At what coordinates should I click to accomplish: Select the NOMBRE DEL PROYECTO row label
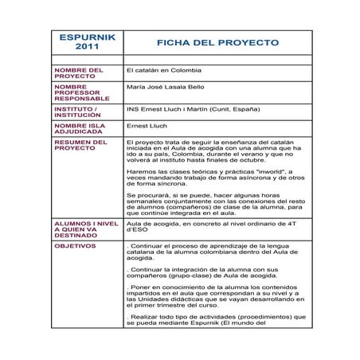click(79, 73)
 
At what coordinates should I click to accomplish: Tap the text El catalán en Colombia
click(164, 70)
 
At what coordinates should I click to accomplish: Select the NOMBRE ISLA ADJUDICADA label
click(80, 129)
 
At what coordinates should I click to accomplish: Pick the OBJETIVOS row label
click(75, 246)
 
